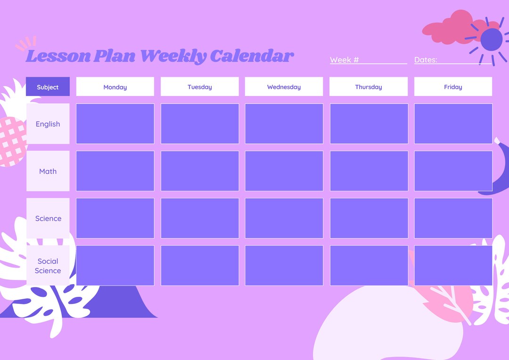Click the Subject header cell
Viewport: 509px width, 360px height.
coord(48,87)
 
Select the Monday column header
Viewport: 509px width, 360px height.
coord(115,87)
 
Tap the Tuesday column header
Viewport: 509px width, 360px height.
coord(199,87)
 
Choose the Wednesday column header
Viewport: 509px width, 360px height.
coord(284,87)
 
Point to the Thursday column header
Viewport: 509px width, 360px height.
coord(368,87)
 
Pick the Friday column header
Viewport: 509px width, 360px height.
coord(453,87)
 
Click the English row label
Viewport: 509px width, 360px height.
coord(48,124)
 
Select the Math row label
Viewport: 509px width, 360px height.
coord(48,171)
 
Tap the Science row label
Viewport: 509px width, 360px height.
coord(48,218)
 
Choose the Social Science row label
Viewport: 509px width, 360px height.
coord(48,266)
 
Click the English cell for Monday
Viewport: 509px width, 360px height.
coord(115,123)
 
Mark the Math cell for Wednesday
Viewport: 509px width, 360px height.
coord(284,171)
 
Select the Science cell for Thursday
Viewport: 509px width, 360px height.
coord(369,218)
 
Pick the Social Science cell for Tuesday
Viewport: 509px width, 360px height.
coord(199,265)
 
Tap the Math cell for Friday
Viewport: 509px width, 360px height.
coord(453,171)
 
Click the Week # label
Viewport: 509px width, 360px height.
coord(345,60)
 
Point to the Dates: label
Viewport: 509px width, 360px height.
coord(426,60)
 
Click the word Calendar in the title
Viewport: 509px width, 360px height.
coord(252,56)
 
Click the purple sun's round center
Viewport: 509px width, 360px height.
coord(491,39)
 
